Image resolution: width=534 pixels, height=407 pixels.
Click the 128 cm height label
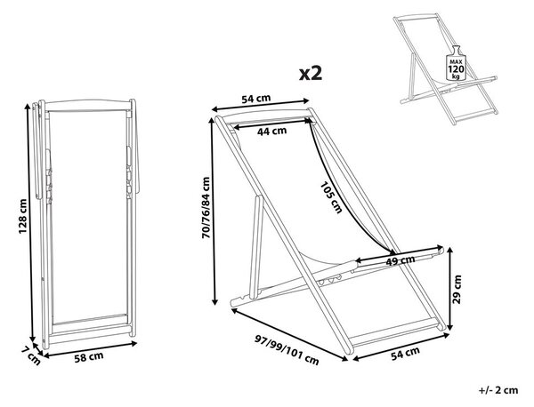[22, 216]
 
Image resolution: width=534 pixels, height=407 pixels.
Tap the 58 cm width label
[89, 357]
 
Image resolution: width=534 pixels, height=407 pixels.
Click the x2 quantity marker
[311, 73]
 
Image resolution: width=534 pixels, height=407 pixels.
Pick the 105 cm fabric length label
[331, 197]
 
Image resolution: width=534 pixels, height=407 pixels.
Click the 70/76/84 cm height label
[206, 208]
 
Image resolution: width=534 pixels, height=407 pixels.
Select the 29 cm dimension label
[457, 289]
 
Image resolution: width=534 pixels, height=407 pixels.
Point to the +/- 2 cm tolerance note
[498, 390]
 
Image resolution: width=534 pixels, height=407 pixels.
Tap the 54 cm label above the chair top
[256, 99]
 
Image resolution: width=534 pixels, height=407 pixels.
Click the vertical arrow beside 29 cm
[449, 289]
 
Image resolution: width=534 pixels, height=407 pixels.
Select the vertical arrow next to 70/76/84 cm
[214, 211]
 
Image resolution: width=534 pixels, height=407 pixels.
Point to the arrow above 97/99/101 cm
[289, 334]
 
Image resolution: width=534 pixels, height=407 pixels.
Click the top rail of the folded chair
[88, 105]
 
